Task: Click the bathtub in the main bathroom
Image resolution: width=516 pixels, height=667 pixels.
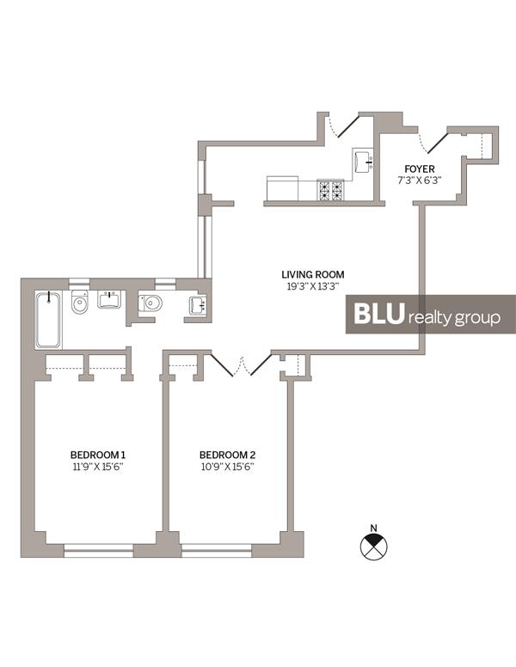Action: coord(50,320)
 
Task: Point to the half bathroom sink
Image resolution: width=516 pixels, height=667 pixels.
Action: coord(197,305)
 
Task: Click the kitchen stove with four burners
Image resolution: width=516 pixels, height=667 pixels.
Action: coord(330,189)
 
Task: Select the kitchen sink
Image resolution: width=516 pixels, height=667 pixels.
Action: coord(361,160)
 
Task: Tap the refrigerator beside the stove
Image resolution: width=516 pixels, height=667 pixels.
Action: coord(282,188)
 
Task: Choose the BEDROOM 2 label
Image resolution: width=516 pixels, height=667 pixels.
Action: coord(227,455)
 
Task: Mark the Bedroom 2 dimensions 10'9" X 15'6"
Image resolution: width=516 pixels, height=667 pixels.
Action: coord(227,467)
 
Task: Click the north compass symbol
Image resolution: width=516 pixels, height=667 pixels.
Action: coord(372,545)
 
